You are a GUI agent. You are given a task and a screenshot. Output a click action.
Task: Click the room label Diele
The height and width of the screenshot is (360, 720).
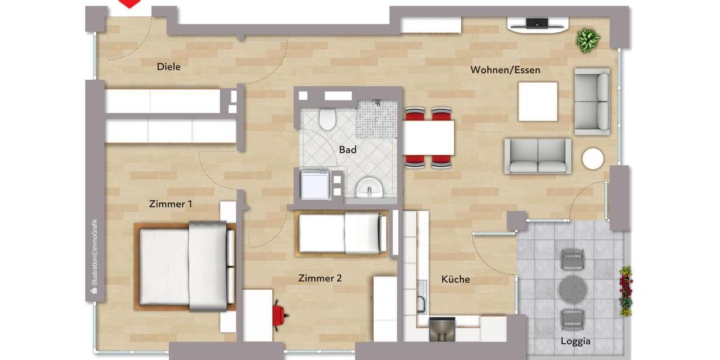click(x=169, y=67)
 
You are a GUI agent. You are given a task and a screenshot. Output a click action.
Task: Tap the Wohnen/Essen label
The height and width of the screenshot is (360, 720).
click(x=505, y=70)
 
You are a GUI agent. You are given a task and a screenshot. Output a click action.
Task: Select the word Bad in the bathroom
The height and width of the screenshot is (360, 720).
click(x=347, y=149)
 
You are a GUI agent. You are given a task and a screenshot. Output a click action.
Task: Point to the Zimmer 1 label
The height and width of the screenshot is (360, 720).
click(x=170, y=204)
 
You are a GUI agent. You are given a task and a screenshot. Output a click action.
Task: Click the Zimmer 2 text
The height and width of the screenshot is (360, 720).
click(x=320, y=278)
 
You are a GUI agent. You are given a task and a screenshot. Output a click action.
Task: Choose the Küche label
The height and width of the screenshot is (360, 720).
click(x=455, y=279)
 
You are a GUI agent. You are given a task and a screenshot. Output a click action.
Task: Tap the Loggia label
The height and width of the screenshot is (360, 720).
click(x=576, y=341)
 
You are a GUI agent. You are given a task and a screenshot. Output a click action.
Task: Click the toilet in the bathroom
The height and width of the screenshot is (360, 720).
click(x=327, y=119)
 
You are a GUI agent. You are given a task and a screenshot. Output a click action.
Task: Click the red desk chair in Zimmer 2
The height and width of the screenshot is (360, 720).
click(x=280, y=314)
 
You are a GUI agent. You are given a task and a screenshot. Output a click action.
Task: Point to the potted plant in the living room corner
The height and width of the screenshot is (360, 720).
click(x=588, y=41)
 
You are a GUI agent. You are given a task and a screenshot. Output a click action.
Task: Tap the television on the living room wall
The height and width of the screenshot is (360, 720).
click(x=537, y=24)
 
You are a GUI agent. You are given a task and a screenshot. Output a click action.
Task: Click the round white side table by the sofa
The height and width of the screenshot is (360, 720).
click(x=593, y=159)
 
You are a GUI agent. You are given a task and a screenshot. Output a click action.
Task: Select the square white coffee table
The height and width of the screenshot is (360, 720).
click(x=538, y=101)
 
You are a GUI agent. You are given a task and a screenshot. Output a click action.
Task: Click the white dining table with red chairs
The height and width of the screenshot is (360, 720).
click(x=428, y=137)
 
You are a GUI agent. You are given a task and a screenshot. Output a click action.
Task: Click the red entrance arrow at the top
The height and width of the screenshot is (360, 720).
click(x=130, y=4)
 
